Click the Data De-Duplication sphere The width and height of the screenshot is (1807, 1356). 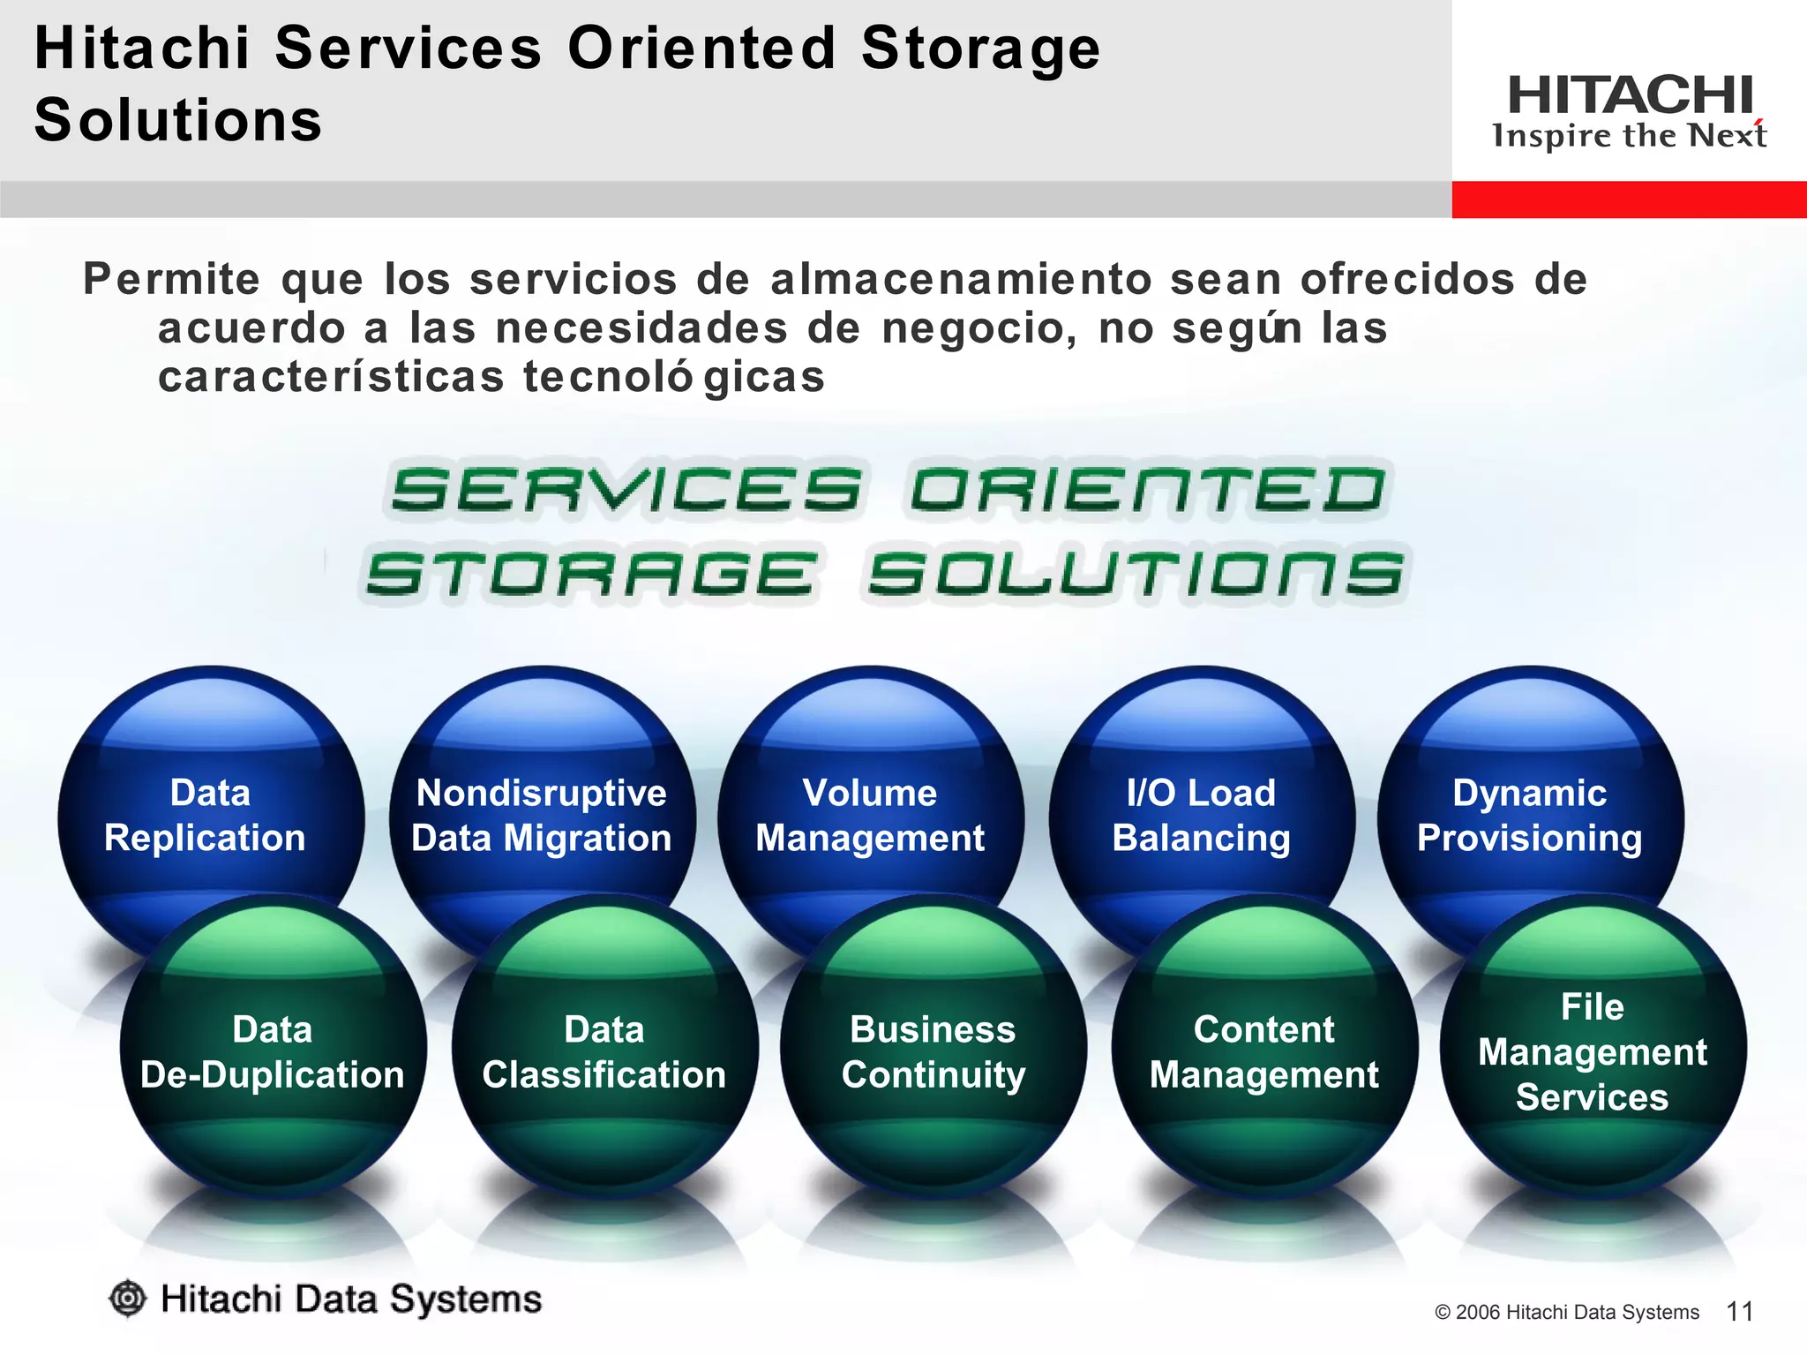pyautogui.click(x=273, y=1051)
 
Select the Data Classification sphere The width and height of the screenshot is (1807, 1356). pyautogui.click(x=604, y=1051)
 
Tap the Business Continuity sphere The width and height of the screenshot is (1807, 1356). pyautogui.click(x=933, y=1051)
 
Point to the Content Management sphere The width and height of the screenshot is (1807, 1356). pyautogui.click(x=1264, y=1051)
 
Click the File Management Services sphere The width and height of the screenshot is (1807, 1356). pyautogui.click(x=1593, y=1051)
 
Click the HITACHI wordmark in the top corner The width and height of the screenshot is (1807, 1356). pyautogui.click(x=1630, y=94)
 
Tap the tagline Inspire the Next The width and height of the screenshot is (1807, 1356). pyautogui.click(x=1630, y=136)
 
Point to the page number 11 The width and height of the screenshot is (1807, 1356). pyautogui.click(x=1739, y=1312)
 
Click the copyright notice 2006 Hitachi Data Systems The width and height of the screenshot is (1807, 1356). pyautogui.click(x=1567, y=1313)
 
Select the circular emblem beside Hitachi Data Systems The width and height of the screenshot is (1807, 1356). pyautogui.click(x=128, y=1299)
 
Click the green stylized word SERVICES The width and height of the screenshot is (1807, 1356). pyautogui.click(x=626, y=490)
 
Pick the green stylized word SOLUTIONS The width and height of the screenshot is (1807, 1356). pyautogui.click(x=1136, y=574)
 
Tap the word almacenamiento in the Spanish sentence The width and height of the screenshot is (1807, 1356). pyautogui.click(x=961, y=280)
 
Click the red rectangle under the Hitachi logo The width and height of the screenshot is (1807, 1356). pyautogui.click(x=1629, y=200)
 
